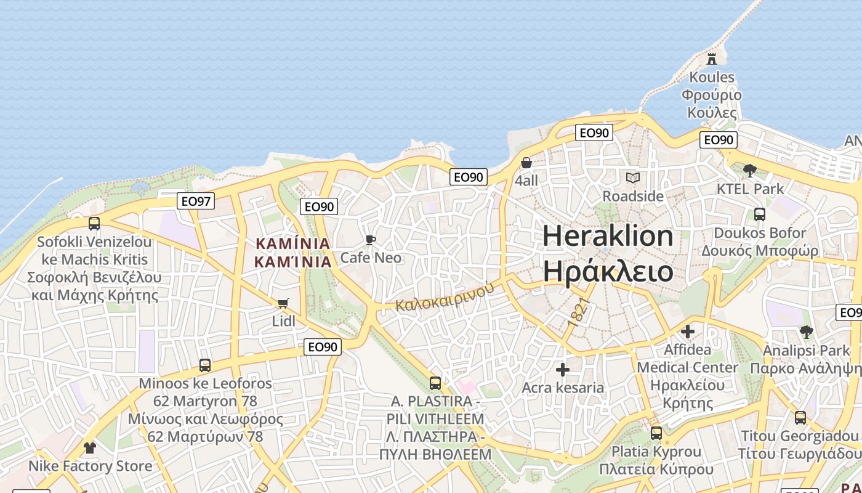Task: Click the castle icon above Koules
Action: [x=712, y=59]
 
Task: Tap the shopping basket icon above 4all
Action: [x=526, y=163]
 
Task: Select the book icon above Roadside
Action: [x=633, y=178]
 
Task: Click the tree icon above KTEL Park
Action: [x=750, y=171]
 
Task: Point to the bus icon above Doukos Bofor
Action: [x=760, y=214]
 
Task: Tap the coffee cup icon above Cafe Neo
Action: [x=371, y=240]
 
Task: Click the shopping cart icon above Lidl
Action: [x=283, y=303]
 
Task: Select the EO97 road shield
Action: [x=196, y=200]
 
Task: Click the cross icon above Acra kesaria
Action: [x=563, y=370]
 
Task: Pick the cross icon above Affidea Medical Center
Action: [x=688, y=332]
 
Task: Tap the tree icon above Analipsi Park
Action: [x=806, y=333]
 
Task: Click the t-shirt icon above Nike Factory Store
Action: [x=90, y=448]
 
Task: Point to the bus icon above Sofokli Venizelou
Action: [x=94, y=224]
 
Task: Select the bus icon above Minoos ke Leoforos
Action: [x=205, y=365]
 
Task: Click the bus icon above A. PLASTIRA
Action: [x=435, y=383]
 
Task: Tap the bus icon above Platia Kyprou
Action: [x=656, y=433]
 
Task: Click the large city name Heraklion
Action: [x=608, y=236]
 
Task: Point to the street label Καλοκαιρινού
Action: [x=445, y=296]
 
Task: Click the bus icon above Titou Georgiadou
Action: [x=800, y=418]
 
